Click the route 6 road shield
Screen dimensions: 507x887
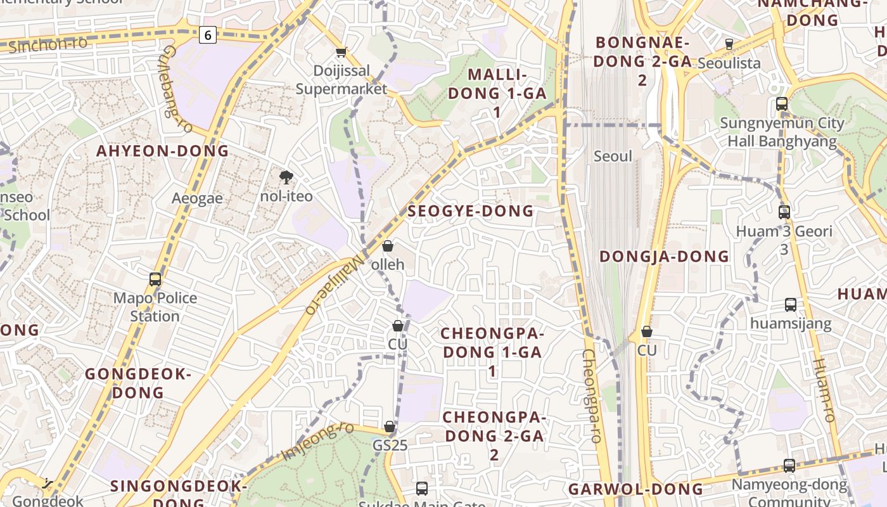207,35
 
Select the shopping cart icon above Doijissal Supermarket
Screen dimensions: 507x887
341,53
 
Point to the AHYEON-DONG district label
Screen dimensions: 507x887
162,151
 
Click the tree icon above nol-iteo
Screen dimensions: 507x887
286,177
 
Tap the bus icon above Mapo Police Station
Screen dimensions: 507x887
155,279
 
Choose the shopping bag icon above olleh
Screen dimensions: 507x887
388,246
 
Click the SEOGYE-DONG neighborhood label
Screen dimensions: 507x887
471,211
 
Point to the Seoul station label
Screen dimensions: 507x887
613,156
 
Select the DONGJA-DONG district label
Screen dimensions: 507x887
664,256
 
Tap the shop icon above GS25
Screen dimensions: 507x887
390,427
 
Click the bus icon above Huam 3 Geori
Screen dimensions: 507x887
784,212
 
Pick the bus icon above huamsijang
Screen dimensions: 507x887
791,305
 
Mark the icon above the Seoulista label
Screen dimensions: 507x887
729,44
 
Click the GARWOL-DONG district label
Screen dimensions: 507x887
635,489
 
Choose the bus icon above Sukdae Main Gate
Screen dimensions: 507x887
422,489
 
